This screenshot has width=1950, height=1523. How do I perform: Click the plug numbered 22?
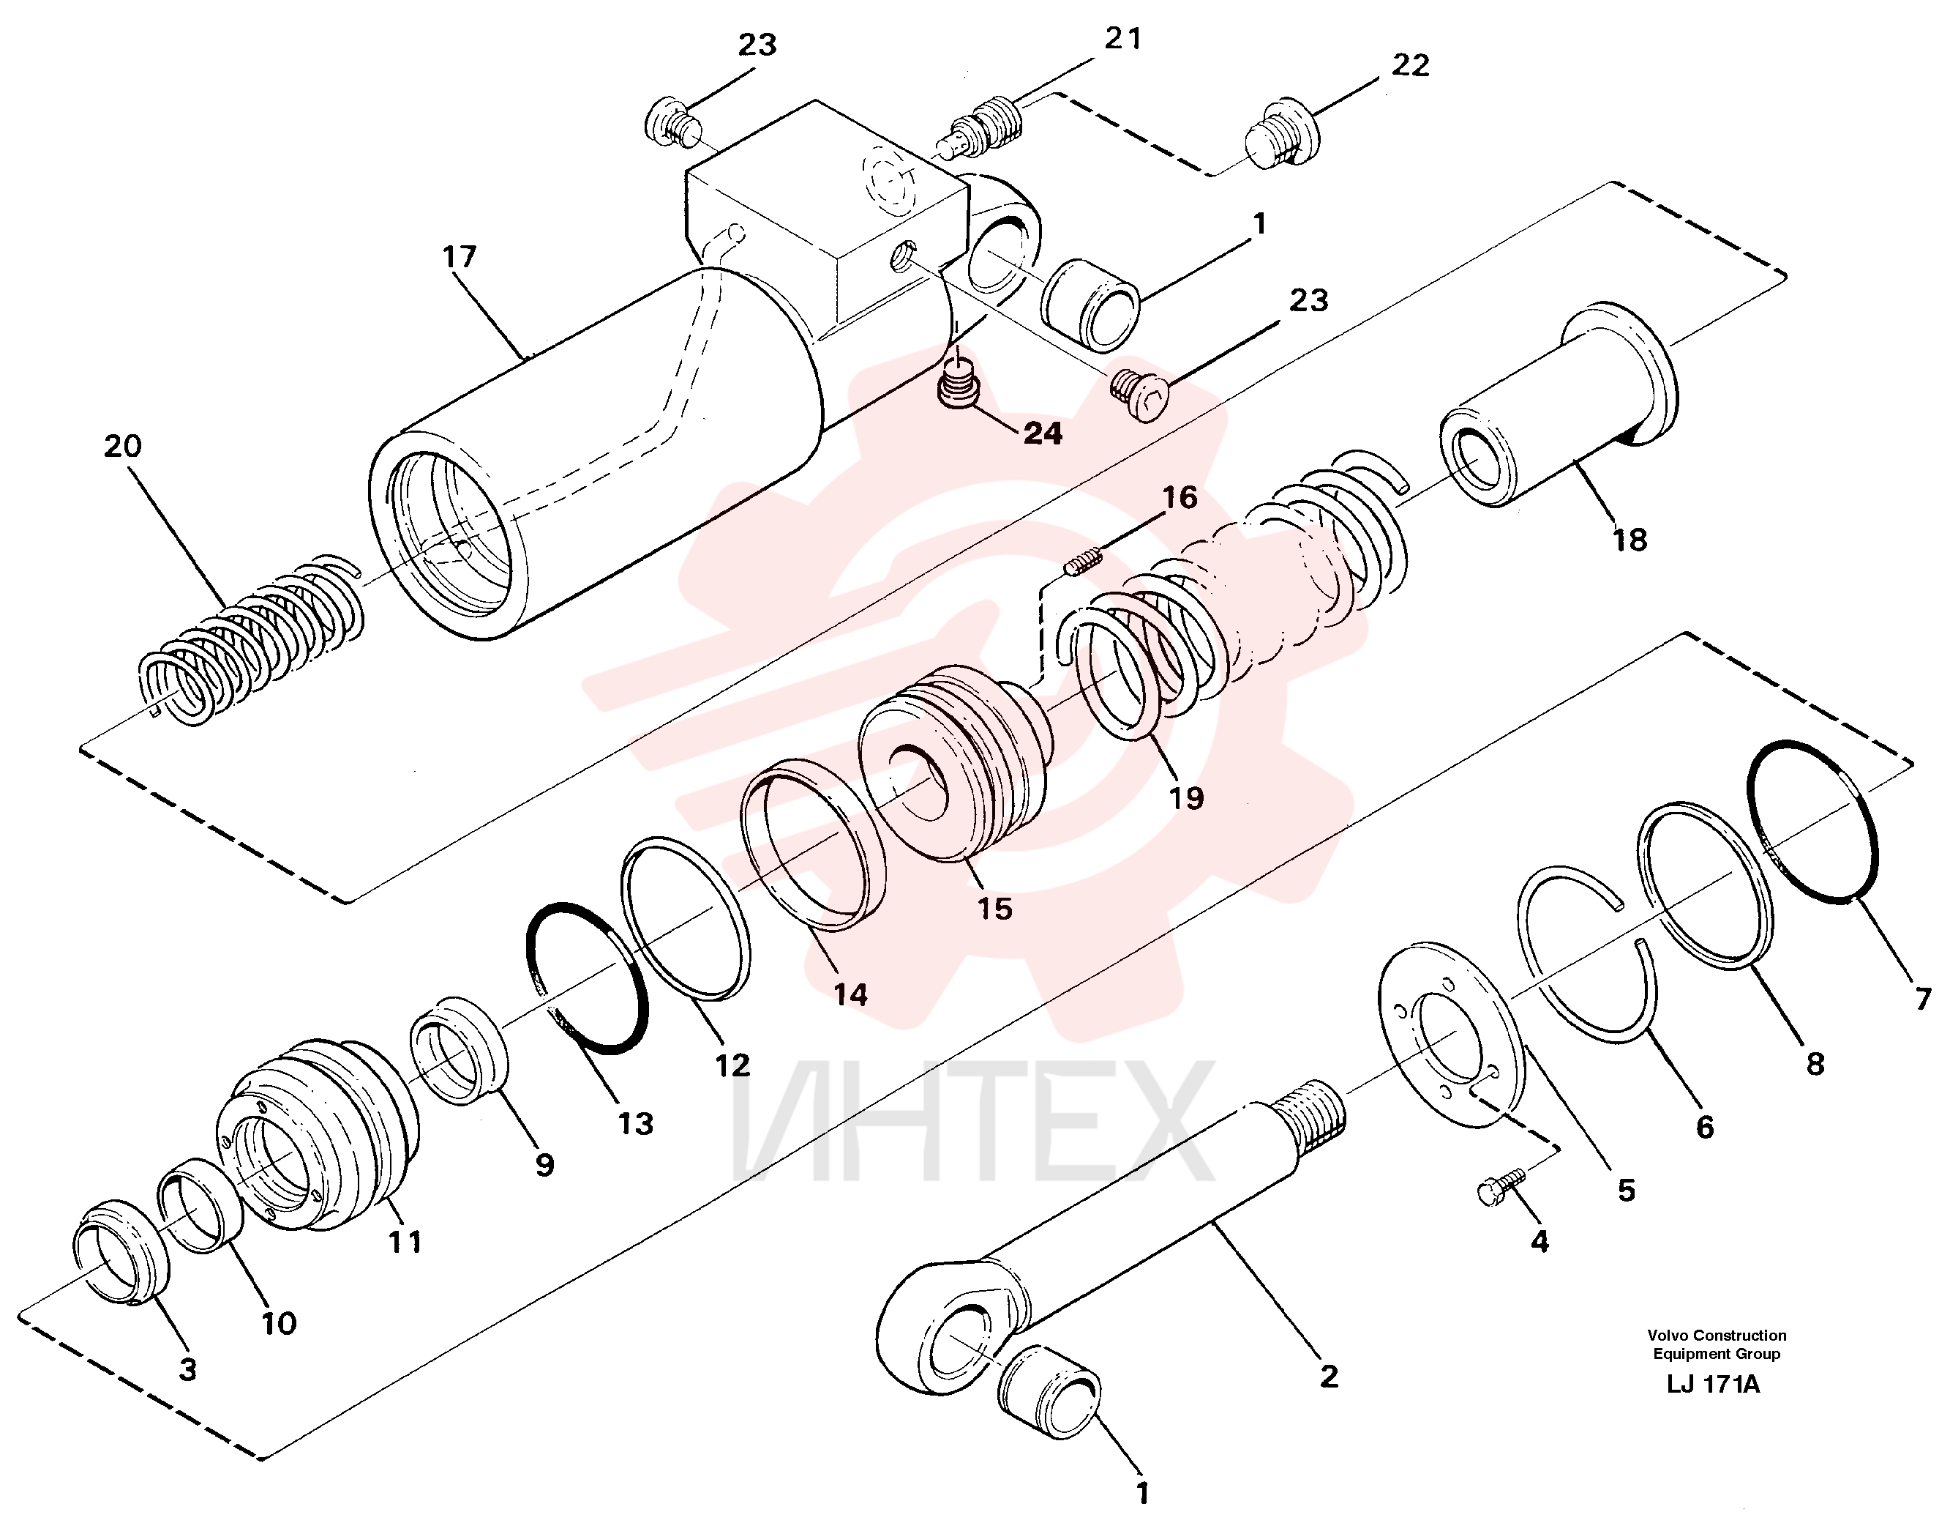[x=1280, y=135]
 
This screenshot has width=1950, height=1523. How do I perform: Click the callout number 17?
[x=460, y=257]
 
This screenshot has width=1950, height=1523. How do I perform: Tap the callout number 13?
[x=636, y=1124]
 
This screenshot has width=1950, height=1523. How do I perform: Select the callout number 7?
[x=1922, y=998]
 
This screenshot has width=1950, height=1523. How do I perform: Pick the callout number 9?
[x=544, y=1164]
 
